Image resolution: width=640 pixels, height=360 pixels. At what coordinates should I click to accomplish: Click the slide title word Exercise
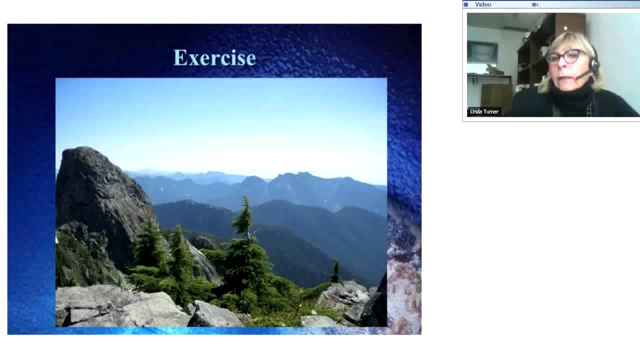coord(214,57)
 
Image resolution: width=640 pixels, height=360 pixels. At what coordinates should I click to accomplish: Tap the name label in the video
coord(484,111)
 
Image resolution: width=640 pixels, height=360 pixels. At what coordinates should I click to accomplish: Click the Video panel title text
coord(483,4)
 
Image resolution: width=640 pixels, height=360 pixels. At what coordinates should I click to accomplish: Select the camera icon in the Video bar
coord(535,4)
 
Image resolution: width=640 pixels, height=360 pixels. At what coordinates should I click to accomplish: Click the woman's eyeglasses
coord(564,56)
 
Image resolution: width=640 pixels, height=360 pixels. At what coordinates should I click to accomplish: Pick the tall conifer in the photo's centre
coord(245,248)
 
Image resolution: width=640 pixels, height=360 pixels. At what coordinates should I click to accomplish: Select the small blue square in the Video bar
coord(465,4)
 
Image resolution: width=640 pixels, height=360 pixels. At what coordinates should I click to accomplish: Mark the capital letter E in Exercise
coord(180,57)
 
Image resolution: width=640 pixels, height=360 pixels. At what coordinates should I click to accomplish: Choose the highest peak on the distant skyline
coord(297,174)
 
